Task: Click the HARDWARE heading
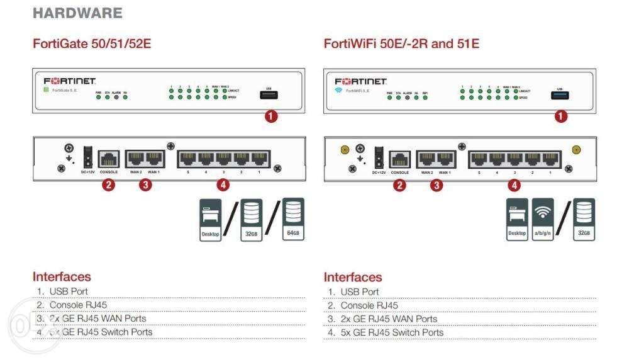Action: [x=77, y=13]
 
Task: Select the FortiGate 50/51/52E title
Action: [x=92, y=44]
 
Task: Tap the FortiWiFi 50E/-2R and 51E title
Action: [x=401, y=44]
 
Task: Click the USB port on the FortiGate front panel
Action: [x=269, y=94]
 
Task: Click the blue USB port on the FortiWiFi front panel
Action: [x=560, y=94]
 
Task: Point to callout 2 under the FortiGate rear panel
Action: [x=108, y=185]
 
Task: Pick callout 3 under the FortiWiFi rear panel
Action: [x=437, y=185]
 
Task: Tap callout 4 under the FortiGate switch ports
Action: [x=223, y=185]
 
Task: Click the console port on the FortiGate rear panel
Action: [x=109, y=158]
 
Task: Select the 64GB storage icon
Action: [x=292, y=220]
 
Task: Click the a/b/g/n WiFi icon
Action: [x=543, y=220]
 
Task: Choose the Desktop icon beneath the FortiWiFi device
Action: [x=517, y=220]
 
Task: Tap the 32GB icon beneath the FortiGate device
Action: [x=252, y=220]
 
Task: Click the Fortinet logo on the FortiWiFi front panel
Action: [x=360, y=82]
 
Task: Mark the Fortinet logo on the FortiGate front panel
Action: [x=69, y=82]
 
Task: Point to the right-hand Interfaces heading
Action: [x=353, y=277]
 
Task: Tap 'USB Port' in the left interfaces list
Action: [x=69, y=291]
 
